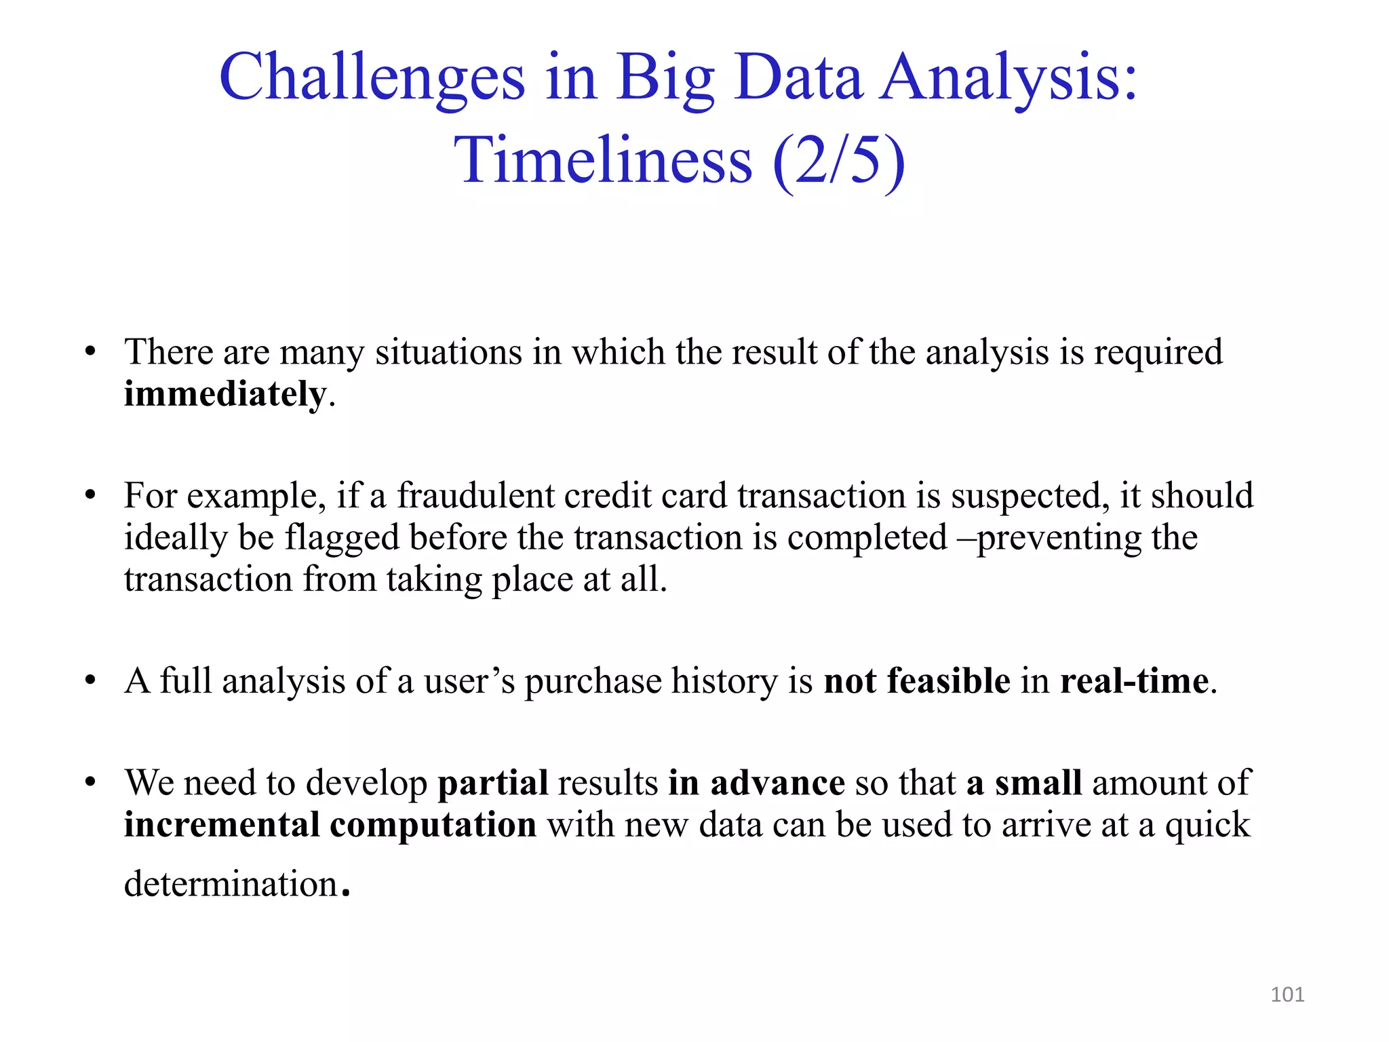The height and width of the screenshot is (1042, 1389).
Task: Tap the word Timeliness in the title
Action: click(x=603, y=161)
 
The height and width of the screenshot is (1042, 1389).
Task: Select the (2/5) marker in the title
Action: click(x=838, y=161)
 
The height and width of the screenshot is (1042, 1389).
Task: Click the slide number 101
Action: click(x=1287, y=995)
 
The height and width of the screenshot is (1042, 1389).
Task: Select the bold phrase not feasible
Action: click(x=916, y=680)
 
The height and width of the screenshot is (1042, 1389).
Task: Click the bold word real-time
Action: click(x=1134, y=680)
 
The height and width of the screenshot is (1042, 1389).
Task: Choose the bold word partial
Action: click(x=492, y=783)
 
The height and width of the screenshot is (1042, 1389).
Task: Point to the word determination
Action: click(x=231, y=884)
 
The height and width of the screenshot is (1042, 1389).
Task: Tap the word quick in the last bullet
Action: click(x=1207, y=825)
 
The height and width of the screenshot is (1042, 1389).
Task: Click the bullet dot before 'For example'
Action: click(x=90, y=496)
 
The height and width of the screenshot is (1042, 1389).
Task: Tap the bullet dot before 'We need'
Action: click(x=90, y=783)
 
